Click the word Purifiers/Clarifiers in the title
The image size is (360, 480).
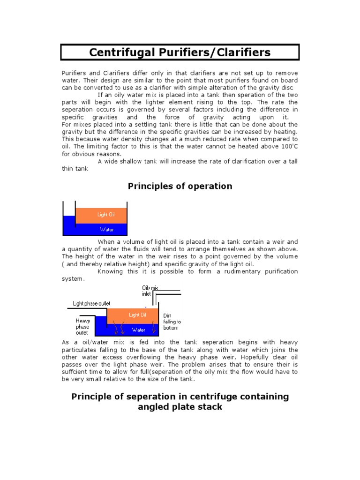coord(217,52)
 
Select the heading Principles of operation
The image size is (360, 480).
coord(180,186)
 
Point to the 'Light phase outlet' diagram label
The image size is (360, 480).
coord(92,303)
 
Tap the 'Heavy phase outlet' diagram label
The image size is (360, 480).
coord(82,327)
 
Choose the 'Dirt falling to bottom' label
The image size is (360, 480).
coord(172,322)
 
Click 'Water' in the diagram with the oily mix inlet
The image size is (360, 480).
coord(138,330)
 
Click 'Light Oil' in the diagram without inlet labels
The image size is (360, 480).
coord(105,215)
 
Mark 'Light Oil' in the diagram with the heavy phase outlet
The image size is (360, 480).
coord(137,315)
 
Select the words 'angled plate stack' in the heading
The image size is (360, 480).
coord(180,407)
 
